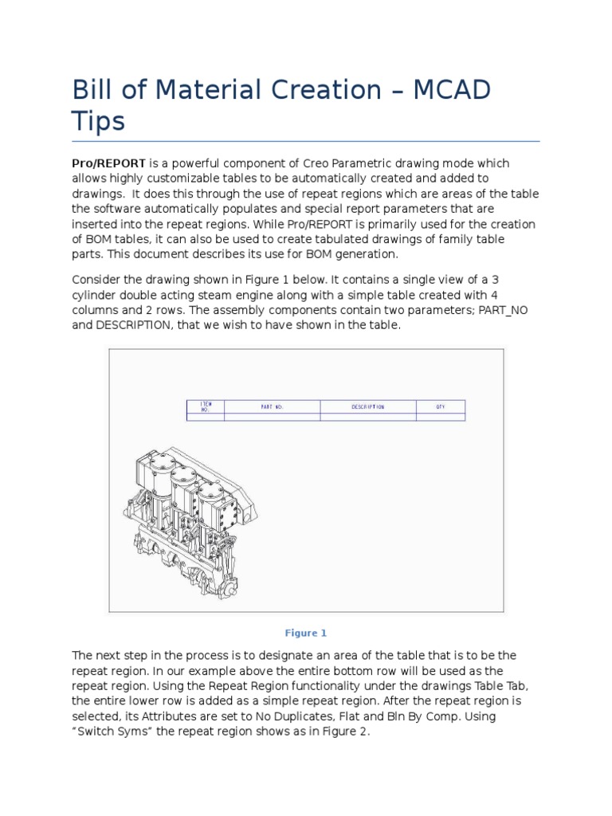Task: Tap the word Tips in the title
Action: pos(98,121)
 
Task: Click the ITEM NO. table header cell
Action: pos(206,406)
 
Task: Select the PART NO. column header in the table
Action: pos(272,407)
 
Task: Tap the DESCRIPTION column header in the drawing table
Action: pos(367,407)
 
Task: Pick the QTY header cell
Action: pos(440,407)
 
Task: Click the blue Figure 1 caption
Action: pos(306,634)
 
